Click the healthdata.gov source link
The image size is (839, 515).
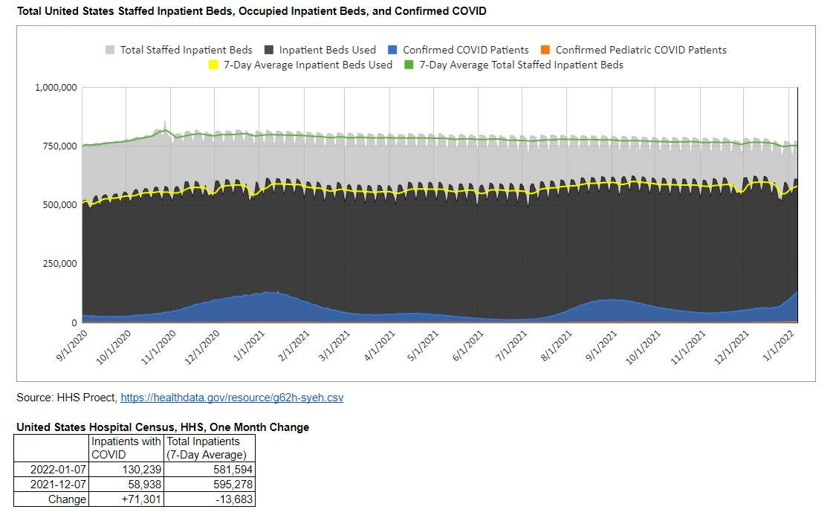232,398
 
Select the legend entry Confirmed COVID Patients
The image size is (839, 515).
465,50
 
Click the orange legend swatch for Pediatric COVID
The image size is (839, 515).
545,50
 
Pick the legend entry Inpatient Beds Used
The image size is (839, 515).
327,50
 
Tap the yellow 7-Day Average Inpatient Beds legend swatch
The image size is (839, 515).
213,65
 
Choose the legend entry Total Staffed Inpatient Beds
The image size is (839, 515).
186,50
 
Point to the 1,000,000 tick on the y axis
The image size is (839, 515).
56,88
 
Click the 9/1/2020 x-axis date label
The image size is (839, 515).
73,346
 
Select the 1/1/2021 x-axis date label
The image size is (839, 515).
250,346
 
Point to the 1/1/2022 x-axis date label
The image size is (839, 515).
780,346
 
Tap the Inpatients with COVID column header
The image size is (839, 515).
126,448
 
